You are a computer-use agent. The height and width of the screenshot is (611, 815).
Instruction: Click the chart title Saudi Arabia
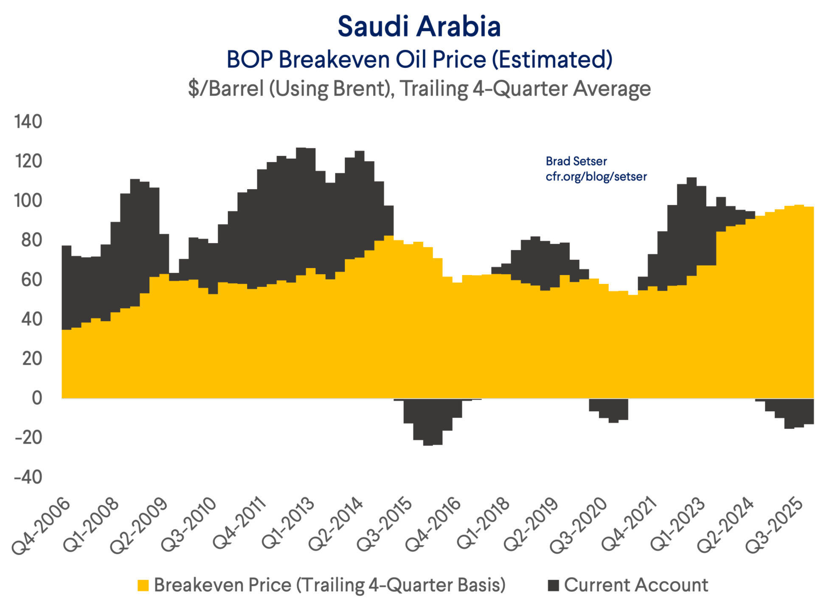[x=419, y=26]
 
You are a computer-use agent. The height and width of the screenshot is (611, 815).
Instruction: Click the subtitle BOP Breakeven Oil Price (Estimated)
[x=419, y=59]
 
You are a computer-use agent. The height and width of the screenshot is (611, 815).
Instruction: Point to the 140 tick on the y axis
[x=28, y=122]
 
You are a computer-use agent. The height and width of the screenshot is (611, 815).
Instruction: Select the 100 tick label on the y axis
[x=28, y=201]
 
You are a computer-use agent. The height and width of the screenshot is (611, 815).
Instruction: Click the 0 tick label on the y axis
[x=37, y=398]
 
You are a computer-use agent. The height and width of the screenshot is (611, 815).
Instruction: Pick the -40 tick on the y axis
[x=28, y=477]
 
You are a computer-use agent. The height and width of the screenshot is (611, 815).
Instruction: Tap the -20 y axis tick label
[x=28, y=437]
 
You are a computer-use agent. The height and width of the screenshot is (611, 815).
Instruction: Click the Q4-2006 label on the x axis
[x=41, y=526]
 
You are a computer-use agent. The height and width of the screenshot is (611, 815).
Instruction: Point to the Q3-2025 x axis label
[x=775, y=526]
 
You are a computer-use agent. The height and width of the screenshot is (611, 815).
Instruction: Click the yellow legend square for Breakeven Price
[x=143, y=586]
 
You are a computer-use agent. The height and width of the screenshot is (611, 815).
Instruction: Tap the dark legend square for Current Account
[x=553, y=586]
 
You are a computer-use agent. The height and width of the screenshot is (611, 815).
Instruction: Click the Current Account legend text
[x=636, y=585]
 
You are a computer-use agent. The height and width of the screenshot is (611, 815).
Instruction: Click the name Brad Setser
[x=576, y=161]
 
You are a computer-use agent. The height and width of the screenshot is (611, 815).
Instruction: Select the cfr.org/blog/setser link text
[x=596, y=177]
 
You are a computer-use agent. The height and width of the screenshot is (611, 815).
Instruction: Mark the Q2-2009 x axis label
[x=139, y=526]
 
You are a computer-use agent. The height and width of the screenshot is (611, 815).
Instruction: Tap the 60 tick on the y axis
[x=32, y=280]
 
